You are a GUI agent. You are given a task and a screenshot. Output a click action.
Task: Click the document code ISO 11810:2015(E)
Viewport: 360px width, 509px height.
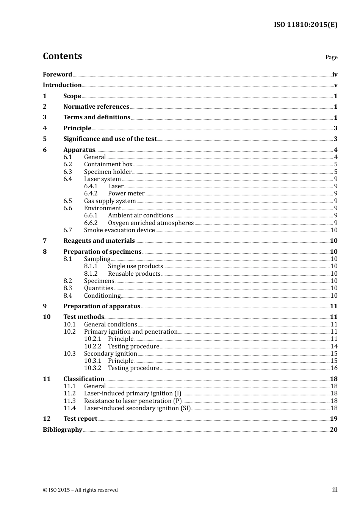coord(305,25)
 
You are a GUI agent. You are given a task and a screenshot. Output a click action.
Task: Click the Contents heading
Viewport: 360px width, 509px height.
coord(62,56)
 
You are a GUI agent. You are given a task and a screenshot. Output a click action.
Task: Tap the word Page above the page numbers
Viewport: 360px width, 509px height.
coord(331,57)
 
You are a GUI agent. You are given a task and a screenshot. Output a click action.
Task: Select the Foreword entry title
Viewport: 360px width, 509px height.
coord(57,74)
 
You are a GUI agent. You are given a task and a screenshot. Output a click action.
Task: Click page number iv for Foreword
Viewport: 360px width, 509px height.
coord(335,75)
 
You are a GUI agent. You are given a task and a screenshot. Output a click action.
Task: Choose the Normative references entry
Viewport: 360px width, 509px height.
coord(96,107)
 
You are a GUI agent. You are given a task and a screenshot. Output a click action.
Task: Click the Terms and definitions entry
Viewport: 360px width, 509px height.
coord(97,117)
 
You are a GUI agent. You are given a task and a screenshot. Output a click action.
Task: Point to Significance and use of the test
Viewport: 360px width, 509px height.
coord(110,139)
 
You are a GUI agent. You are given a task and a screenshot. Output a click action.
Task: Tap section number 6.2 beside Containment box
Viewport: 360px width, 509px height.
coord(67,164)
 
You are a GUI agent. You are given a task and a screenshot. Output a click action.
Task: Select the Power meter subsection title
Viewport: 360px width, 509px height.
coord(126,194)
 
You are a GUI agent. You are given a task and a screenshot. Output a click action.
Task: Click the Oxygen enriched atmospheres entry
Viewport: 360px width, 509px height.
coord(150,223)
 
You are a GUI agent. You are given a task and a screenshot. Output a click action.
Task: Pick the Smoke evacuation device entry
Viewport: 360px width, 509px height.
coord(119,230)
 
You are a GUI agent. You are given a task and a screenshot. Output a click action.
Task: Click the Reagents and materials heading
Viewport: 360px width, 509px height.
coord(99,241)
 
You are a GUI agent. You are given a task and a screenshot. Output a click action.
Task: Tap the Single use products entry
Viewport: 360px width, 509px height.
coord(135,266)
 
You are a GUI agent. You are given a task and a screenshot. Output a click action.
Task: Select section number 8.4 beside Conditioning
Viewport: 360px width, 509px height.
coord(67,296)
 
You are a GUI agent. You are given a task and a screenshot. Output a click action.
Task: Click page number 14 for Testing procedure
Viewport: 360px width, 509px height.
coord(334,347)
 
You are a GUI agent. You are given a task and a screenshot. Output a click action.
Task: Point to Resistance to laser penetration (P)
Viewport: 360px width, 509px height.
coord(133,401)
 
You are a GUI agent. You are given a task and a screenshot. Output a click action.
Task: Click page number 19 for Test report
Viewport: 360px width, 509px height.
coord(333,419)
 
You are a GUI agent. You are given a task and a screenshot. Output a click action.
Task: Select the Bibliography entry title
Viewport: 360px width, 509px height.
coord(63,430)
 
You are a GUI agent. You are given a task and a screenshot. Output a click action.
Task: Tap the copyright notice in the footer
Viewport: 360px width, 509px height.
coord(80,490)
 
